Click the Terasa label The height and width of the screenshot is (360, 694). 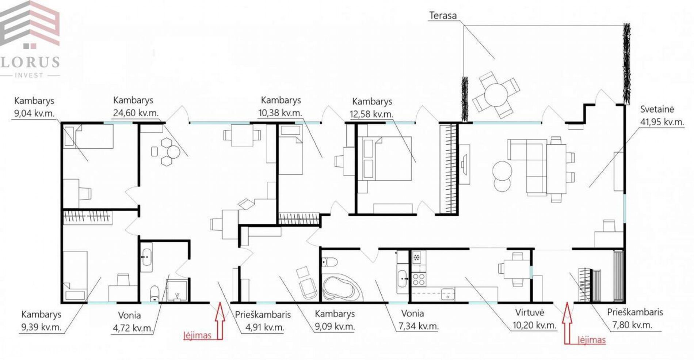pyautogui.click(x=443, y=16)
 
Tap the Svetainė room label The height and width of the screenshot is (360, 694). pyautogui.click(x=657, y=109)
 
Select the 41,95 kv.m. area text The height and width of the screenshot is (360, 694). pyautogui.click(x=662, y=122)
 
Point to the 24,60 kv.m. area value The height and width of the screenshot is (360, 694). pyautogui.click(x=136, y=113)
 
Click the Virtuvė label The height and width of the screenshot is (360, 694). pyautogui.click(x=530, y=312)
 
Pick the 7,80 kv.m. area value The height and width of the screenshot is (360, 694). pyautogui.click(x=632, y=325)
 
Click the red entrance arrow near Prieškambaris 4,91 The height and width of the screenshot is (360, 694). pyautogui.click(x=220, y=321)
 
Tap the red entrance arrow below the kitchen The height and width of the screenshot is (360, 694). pyautogui.click(x=567, y=323)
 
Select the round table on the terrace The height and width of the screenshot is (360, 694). pyautogui.click(x=496, y=94)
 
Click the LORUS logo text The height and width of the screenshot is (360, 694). pyautogui.click(x=30, y=62)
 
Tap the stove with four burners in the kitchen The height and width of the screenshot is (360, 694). pyautogui.click(x=419, y=280)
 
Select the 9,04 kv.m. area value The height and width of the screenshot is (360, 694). pyautogui.click(x=34, y=113)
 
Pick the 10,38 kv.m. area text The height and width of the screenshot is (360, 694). pyautogui.click(x=280, y=113)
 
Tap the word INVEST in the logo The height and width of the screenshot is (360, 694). pyautogui.click(x=29, y=75)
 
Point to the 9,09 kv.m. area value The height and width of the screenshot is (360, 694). pyautogui.click(x=335, y=326)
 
